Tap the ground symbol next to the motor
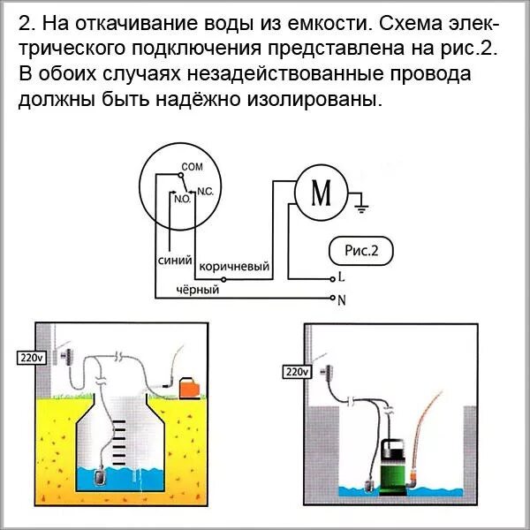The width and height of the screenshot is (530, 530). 360,208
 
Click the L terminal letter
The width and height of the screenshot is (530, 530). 341,276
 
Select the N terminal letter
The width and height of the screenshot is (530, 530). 342,299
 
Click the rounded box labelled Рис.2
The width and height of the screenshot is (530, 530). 360,251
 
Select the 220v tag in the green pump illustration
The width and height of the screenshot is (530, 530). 295,372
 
